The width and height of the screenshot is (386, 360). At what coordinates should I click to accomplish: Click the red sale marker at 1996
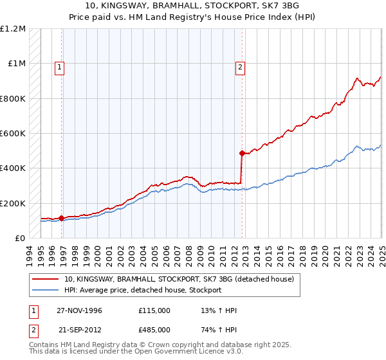pos(62,218)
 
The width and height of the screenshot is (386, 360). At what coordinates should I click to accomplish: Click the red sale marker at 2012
pos(242,154)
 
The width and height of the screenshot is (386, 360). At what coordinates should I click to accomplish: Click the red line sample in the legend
pos(47,279)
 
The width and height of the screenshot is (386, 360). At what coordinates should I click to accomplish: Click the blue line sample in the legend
pos(47,290)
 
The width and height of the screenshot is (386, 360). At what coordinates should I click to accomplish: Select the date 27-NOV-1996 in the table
pos(80,311)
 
